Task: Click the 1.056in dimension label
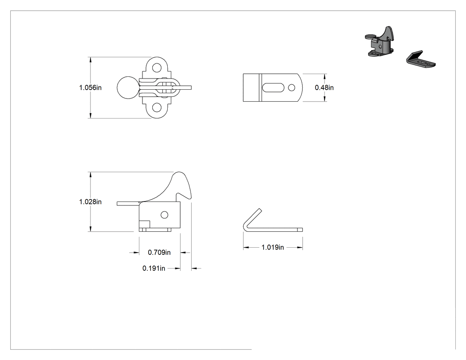point(91,88)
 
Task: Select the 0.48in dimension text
point(324,88)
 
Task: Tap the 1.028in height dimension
point(91,202)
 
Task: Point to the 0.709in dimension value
point(159,253)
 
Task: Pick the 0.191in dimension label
point(154,268)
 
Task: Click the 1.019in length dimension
point(272,247)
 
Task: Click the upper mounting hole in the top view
point(157,68)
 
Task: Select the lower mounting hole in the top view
point(157,107)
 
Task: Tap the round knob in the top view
point(128,88)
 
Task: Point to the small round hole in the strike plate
point(292,87)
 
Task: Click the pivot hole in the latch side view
point(164,215)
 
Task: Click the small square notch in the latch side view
point(144,225)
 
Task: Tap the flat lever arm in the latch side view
point(128,203)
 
